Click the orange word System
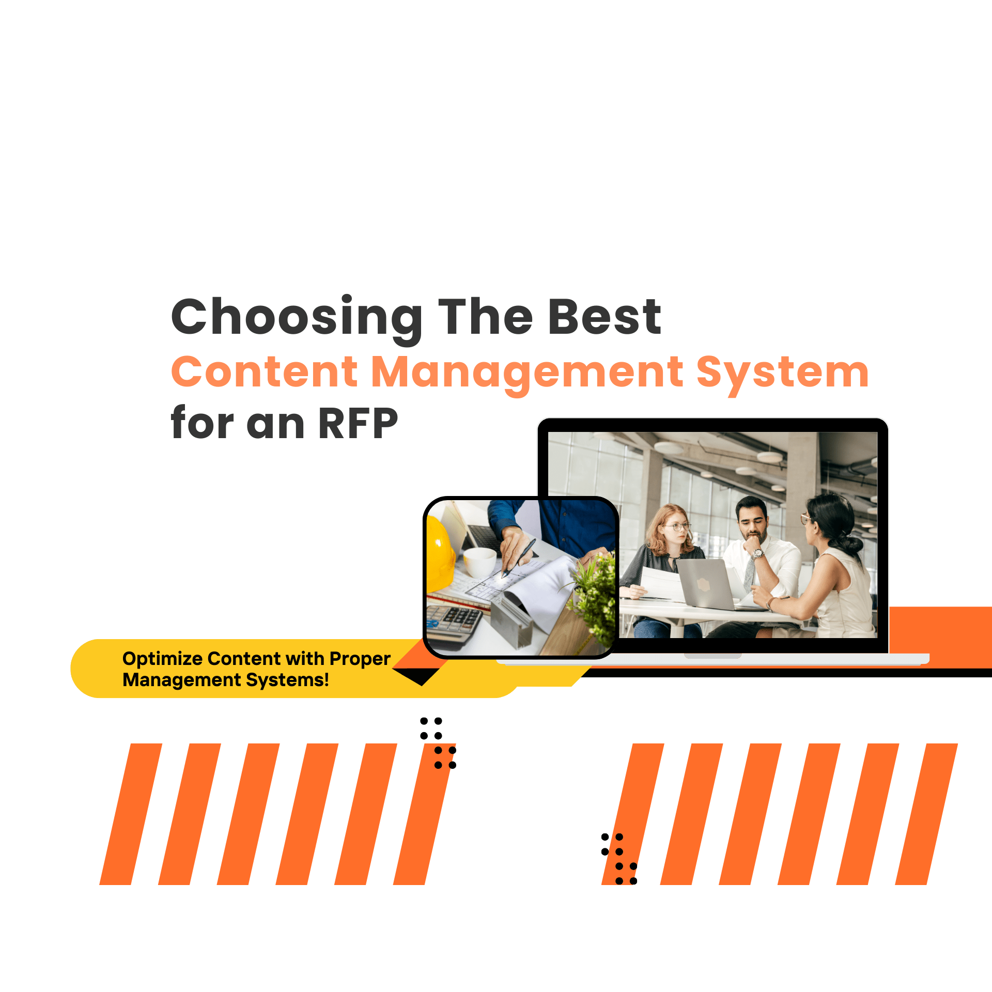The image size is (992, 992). pyautogui.click(x=782, y=373)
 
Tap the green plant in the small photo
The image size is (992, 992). pyautogui.click(x=594, y=594)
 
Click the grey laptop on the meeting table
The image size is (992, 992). pyautogui.click(x=705, y=584)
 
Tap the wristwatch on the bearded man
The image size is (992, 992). pyautogui.click(x=757, y=554)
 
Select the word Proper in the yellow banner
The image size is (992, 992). pyautogui.click(x=360, y=659)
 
